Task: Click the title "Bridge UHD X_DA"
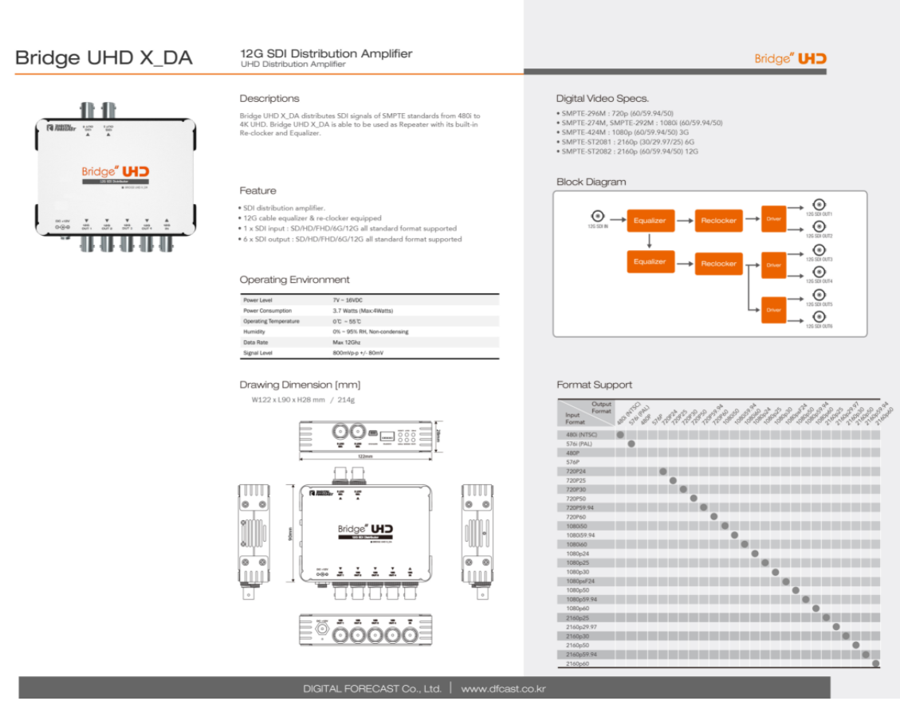click(x=104, y=58)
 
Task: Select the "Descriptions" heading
click(x=269, y=99)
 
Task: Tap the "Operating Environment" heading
click(x=294, y=280)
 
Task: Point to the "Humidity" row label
click(x=254, y=331)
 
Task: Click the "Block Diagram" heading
click(x=591, y=182)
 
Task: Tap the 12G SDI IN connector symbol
click(x=597, y=215)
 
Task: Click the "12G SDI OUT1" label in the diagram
click(x=819, y=214)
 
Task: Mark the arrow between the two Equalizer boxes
click(x=650, y=241)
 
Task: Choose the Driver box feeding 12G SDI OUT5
click(x=773, y=310)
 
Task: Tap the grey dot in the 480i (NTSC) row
click(x=620, y=435)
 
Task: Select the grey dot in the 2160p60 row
click(x=876, y=664)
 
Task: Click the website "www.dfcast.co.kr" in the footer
click(x=503, y=688)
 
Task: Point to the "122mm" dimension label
click(x=366, y=456)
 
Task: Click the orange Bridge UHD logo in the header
click(x=790, y=58)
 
